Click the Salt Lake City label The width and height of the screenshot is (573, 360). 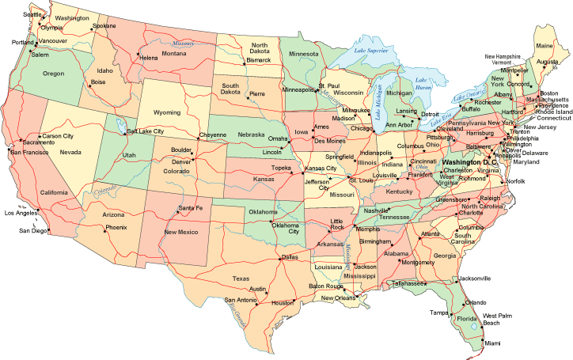pos(146,131)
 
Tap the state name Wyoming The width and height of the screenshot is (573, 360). pos(167,112)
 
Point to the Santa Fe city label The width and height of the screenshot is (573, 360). pos(191,208)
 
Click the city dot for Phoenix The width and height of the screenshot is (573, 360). pos(105,228)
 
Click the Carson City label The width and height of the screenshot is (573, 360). pos(58,135)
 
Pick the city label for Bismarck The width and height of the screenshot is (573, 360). pos(258,59)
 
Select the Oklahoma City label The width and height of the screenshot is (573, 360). pos(285,229)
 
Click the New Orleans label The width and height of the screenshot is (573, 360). pos(338,297)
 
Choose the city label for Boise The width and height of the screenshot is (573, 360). pos(98,81)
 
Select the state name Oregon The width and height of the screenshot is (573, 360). pos(53,74)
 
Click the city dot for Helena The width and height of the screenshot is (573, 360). pos(139,57)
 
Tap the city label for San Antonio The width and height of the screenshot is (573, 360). pos(241,300)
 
